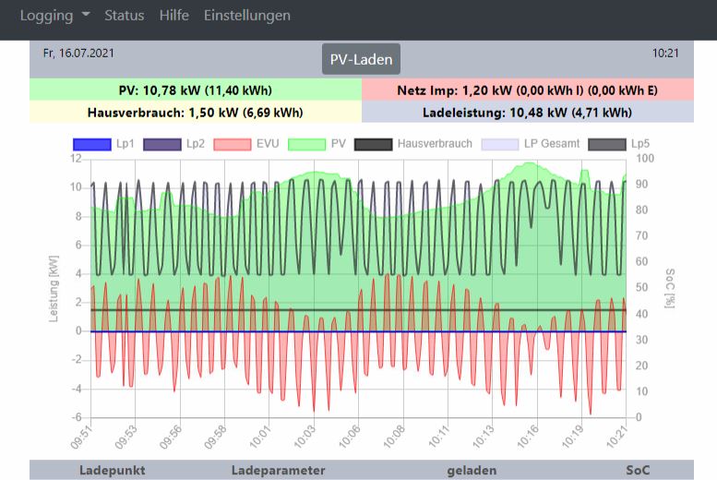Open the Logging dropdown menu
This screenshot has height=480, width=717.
54,16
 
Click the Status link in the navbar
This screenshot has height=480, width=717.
124,16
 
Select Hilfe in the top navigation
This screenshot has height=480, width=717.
173,16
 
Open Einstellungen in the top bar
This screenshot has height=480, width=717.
247,16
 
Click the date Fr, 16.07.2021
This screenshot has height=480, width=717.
78,54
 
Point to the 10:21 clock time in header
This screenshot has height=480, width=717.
665,54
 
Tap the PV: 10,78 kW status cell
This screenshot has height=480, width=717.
196,90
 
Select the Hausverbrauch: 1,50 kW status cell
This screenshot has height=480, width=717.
196,112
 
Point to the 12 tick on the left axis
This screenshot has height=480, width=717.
78,159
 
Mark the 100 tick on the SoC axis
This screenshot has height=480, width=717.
646,159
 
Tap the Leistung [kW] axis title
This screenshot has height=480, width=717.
54,290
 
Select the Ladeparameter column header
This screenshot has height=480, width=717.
278,470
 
